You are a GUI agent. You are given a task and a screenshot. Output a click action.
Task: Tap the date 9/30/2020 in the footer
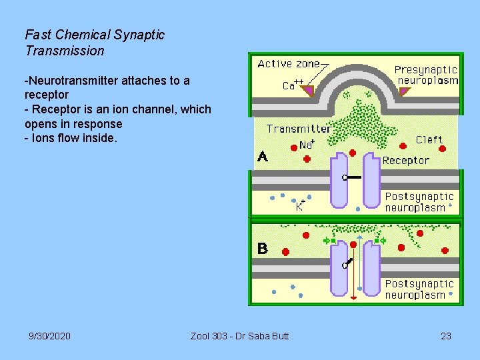[x=50, y=336]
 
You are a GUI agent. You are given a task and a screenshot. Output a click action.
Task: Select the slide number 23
[x=446, y=336]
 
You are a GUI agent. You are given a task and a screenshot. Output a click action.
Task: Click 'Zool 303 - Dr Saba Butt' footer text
[x=239, y=336]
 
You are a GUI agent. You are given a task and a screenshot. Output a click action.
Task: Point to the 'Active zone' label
[x=288, y=64]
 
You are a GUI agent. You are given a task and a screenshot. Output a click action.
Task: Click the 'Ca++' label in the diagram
[x=293, y=85]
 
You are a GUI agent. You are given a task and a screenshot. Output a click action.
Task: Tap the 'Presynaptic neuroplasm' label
[x=426, y=75]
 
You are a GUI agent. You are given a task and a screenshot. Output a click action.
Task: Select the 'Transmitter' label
[x=298, y=129]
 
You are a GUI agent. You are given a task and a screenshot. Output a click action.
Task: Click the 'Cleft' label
[x=429, y=139]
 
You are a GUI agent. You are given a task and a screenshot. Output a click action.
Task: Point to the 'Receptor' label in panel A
[x=405, y=160]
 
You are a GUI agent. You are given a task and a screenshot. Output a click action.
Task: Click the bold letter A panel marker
[x=263, y=157]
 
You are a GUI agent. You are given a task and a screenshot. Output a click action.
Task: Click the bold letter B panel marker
[x=263, y=249]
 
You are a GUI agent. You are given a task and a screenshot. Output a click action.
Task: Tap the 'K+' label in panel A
[x=301, y=205]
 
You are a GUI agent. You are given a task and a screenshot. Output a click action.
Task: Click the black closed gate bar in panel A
[x=353, y=177]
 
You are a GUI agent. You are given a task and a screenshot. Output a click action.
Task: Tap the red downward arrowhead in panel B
[x=353, y=297]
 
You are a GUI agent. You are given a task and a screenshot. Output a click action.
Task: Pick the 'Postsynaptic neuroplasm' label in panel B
[x=419, y=289]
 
